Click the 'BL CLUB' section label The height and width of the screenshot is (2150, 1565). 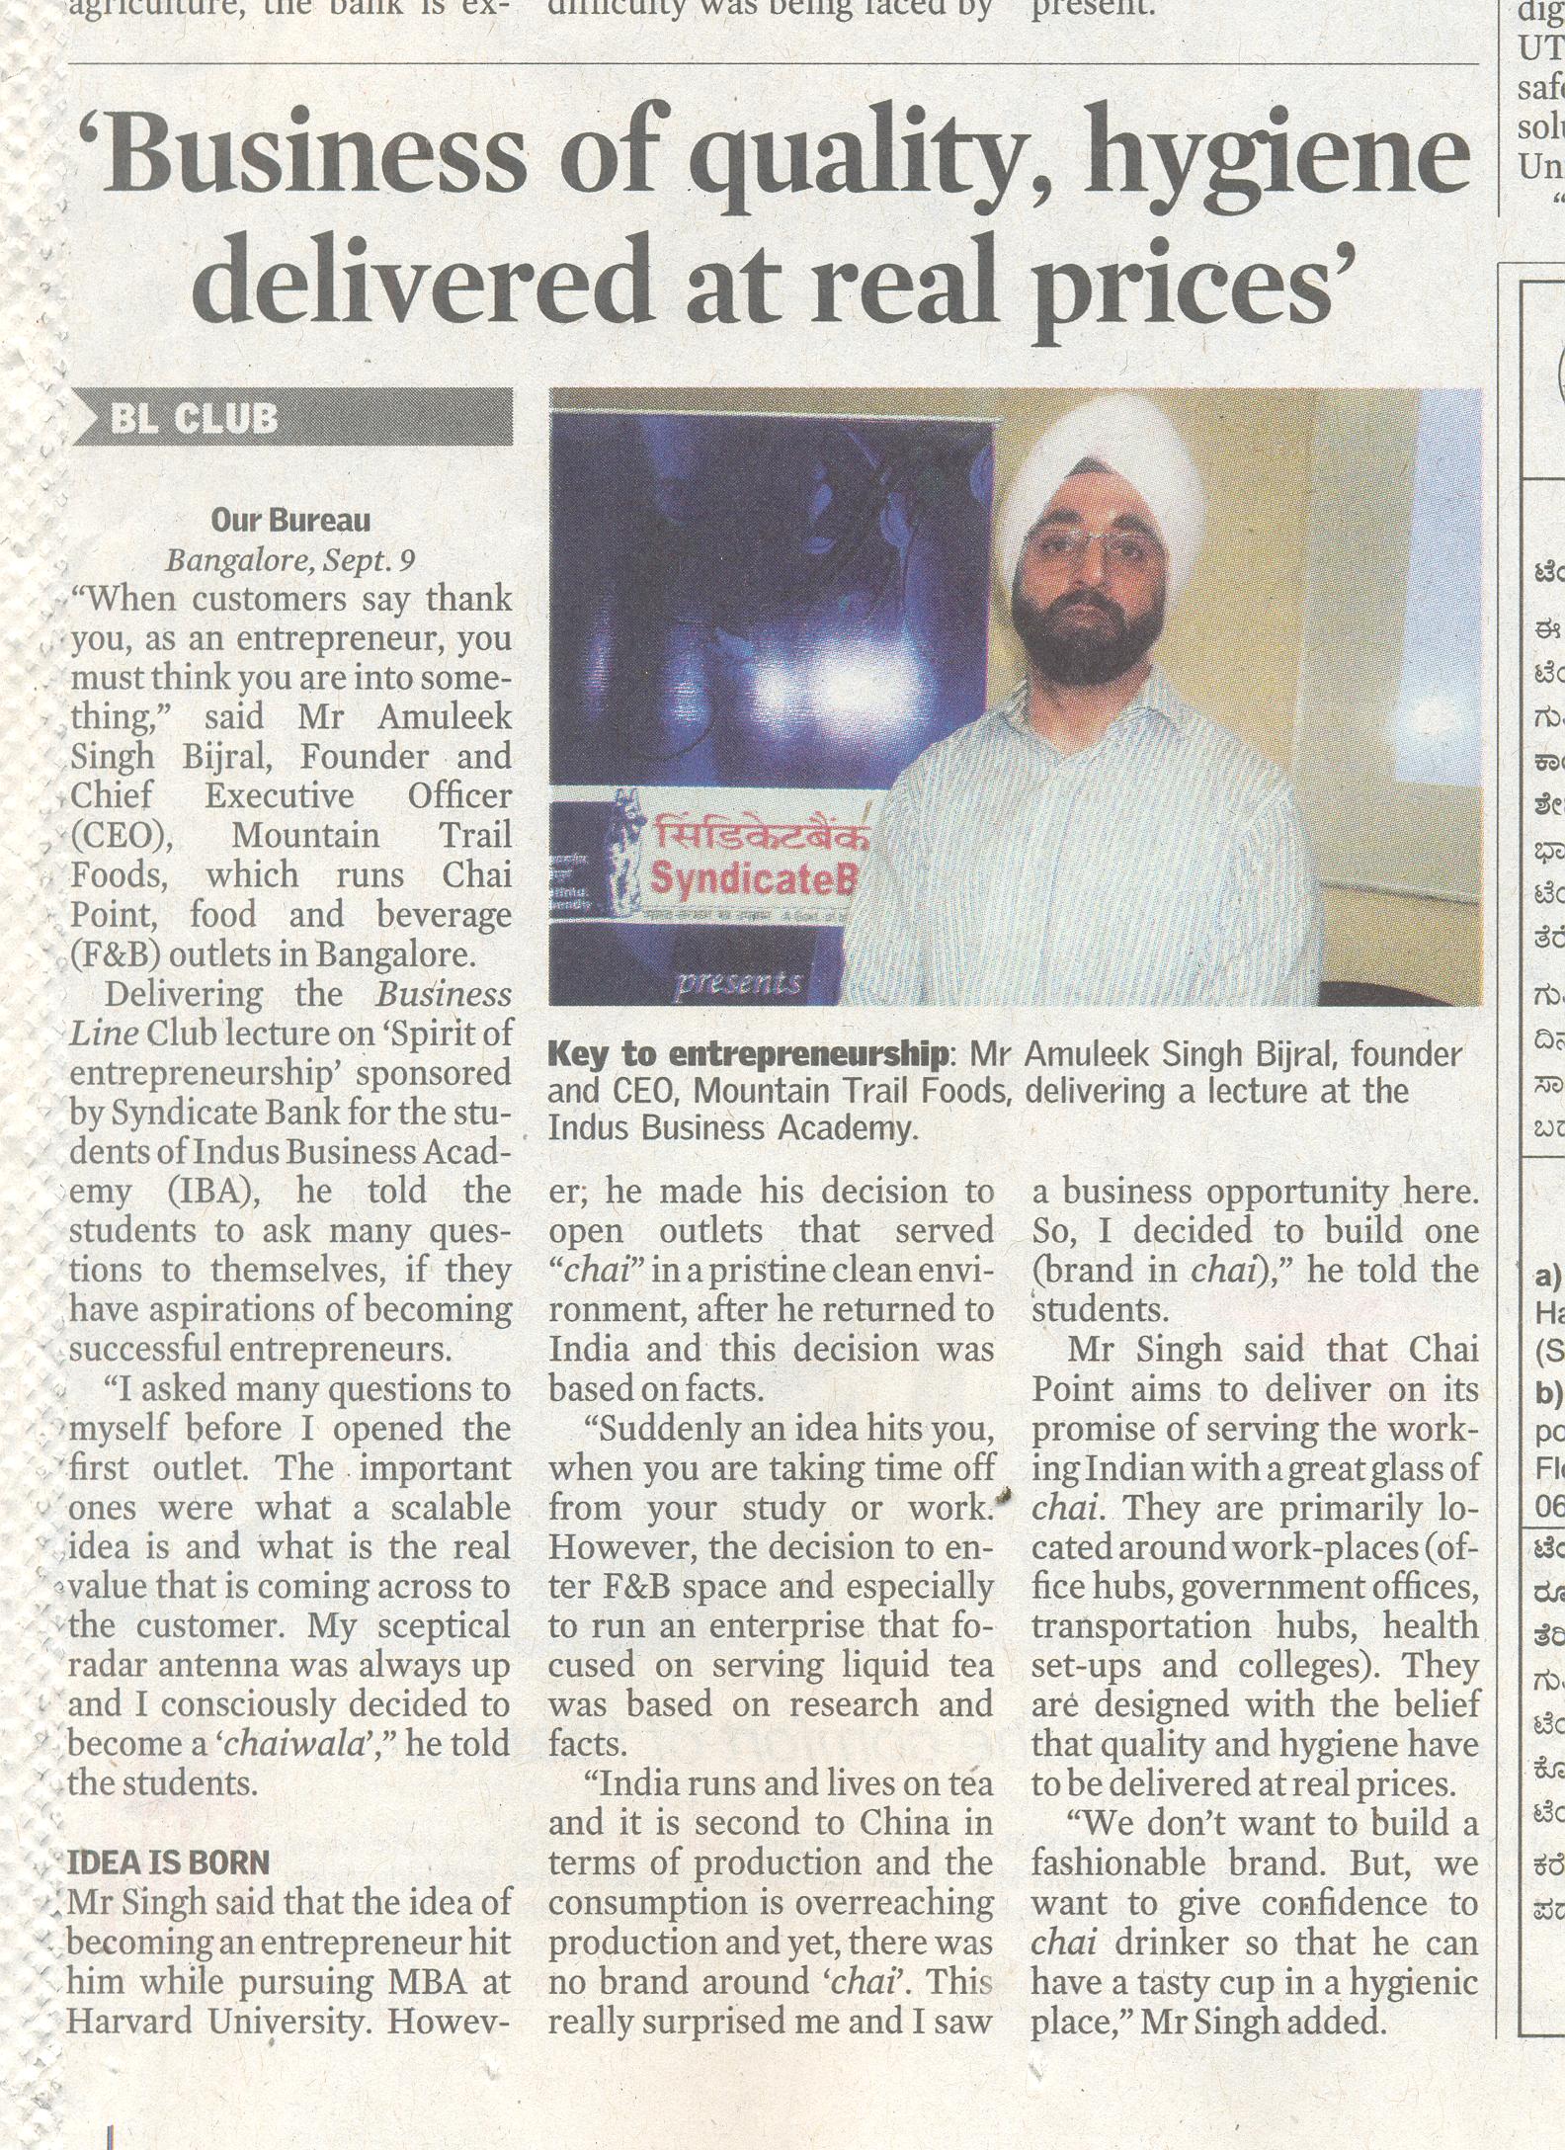pos(193,419)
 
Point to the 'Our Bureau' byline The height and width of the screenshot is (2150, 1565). pos(290,520)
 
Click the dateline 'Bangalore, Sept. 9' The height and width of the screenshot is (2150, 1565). pos(290,560)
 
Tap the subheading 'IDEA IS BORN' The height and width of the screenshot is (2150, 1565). pos(168,1863)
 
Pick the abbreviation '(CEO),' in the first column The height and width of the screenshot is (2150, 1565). pos(122,836)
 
